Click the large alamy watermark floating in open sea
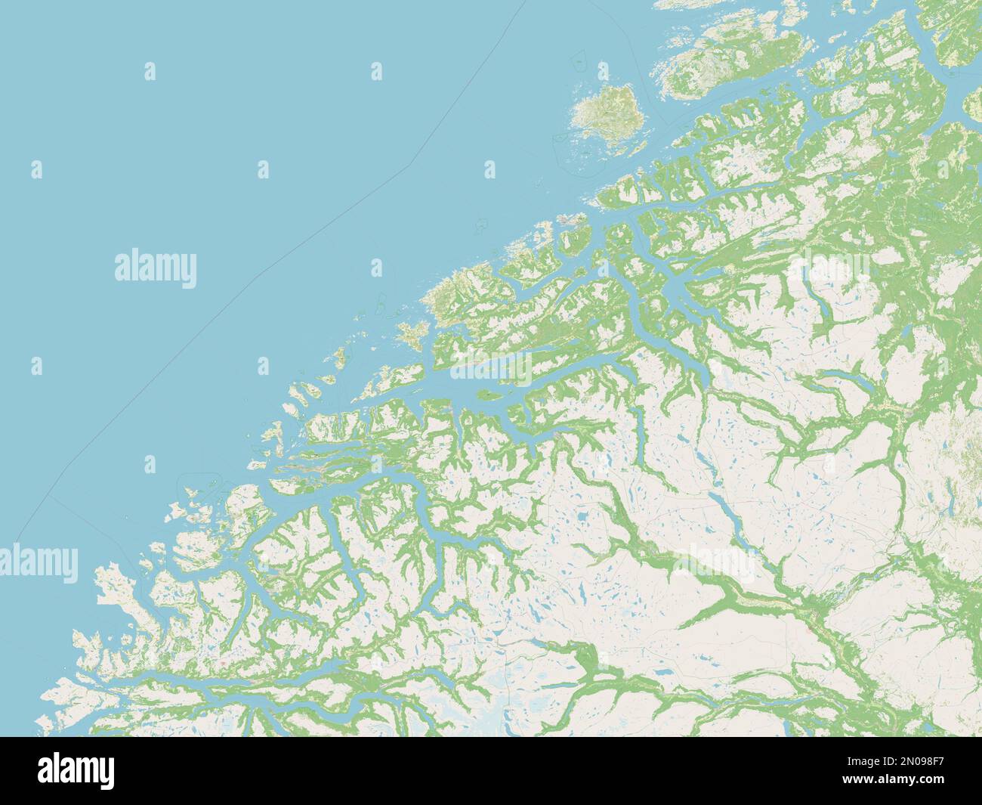156,268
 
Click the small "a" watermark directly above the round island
603,72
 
